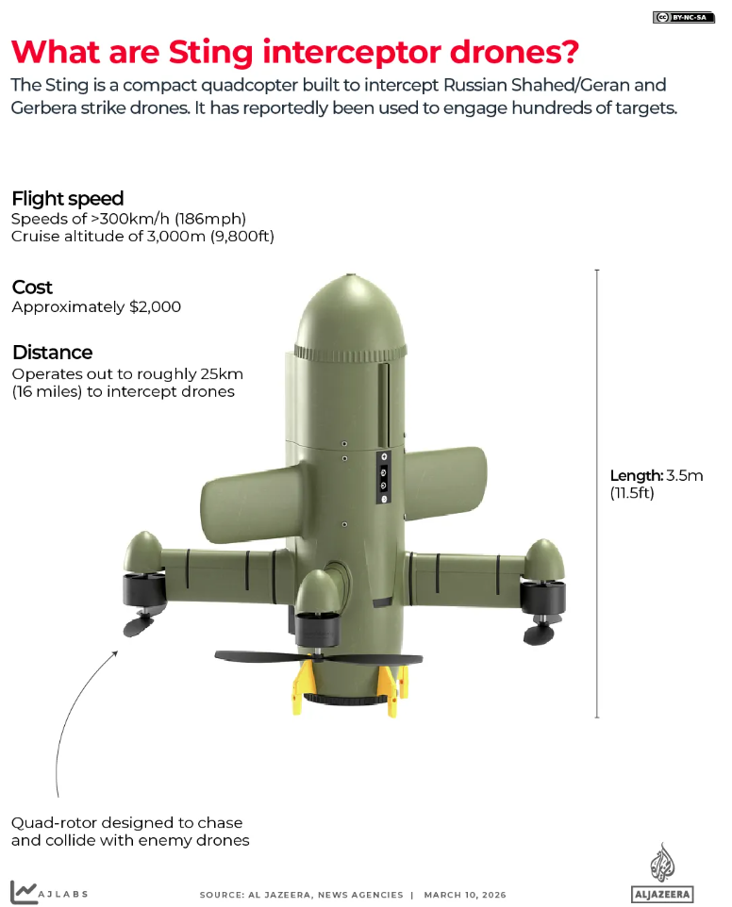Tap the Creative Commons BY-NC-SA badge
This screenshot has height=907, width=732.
point(684,17)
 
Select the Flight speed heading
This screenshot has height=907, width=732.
point(67,199)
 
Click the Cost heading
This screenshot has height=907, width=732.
point(32,288)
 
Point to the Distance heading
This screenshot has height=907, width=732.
point(52,353)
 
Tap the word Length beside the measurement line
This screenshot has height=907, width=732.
point(637,475)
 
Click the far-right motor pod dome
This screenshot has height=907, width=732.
point(544,559)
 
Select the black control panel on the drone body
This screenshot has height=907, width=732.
point(384,478)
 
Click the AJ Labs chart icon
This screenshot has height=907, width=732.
point(24,891)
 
